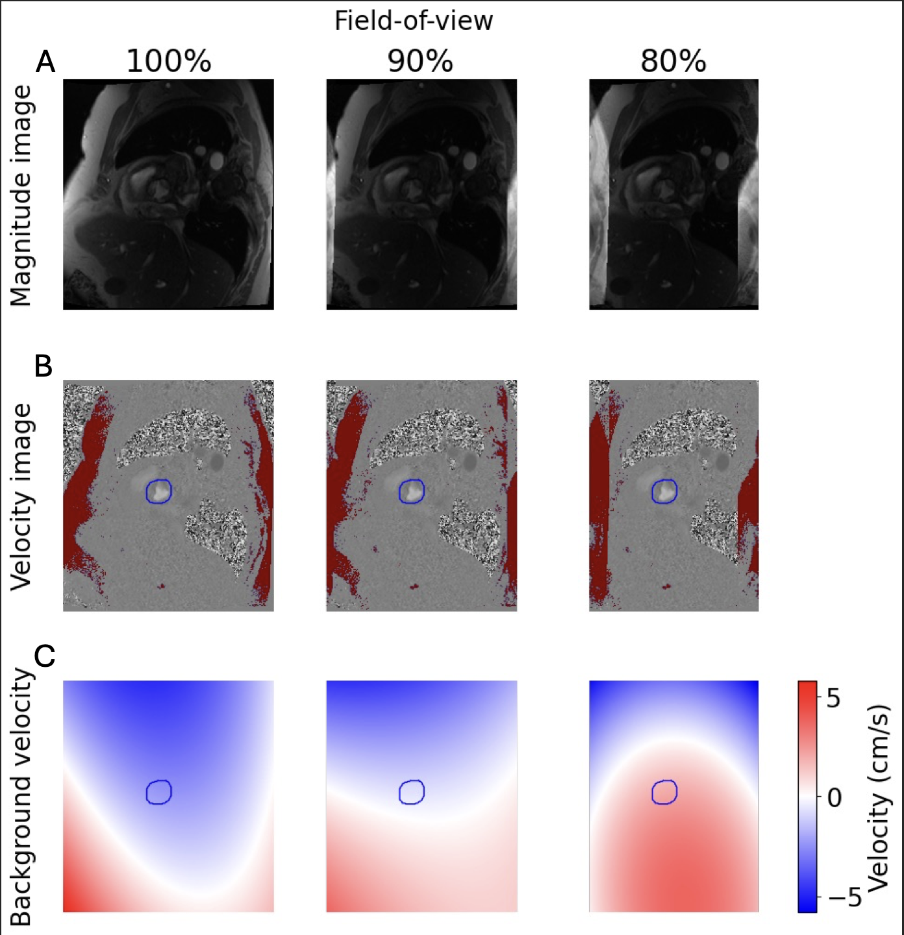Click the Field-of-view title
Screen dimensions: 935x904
[x=414, y=21]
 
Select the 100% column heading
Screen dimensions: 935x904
[x=169, y=62]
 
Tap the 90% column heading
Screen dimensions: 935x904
[x=420, y=62]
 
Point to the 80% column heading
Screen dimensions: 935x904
[x=673, y=62]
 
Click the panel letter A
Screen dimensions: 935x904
[x=45, y=62]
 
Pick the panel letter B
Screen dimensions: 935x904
[x=44, y=366]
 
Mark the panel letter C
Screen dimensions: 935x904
[x=44, y=656]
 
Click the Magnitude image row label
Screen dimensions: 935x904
[x=21, y=195]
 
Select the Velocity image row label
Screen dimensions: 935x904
[x=21, y=496]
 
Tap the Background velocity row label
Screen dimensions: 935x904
[x=21, y=796]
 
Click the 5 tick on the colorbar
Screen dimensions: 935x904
[x=833, y=699]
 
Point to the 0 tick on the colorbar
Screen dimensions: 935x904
[x=835, y=797]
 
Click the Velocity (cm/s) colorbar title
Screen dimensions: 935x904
[x=878, y=797]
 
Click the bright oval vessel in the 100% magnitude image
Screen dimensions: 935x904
[x=217, y=159]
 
